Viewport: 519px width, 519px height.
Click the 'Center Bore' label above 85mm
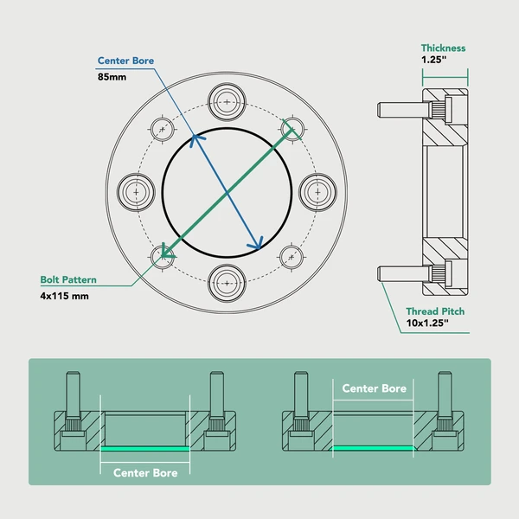pos(126,61)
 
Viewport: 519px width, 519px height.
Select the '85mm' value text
pos(112,77)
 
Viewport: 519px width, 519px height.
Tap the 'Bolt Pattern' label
pos(68,280)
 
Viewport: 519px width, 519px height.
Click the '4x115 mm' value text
pos(65,296)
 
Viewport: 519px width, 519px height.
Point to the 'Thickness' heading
pos(443,48)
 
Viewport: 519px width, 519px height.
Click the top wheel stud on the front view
pos(227,100)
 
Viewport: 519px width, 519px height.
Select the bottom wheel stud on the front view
pos(227,281)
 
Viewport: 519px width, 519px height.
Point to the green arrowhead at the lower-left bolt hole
pos(165,254)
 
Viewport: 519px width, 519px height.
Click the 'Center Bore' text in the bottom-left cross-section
pos(145,473)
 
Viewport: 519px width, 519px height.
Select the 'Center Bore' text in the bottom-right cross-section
pos(374,388)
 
